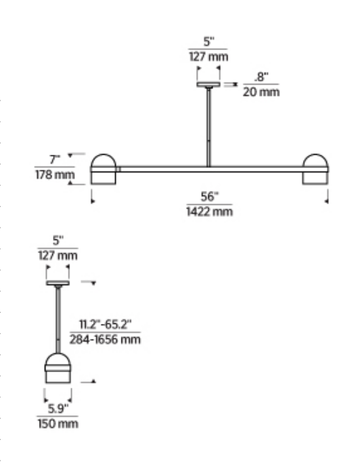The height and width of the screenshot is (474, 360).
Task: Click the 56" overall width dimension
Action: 209,197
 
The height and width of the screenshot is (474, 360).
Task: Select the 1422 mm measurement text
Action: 209,212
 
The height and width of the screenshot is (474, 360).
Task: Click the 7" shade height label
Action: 55,159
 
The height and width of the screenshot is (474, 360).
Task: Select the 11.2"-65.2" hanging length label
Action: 104,325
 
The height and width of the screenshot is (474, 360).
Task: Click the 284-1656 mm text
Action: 105,339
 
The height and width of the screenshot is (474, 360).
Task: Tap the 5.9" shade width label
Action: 58,409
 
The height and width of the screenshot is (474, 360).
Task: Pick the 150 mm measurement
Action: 58,424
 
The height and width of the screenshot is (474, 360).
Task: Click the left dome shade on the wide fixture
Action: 104,169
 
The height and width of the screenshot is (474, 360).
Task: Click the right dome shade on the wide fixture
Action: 315,169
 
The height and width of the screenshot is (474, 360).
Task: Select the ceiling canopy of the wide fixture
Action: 208,85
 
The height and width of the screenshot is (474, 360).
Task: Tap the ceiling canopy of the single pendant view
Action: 58,282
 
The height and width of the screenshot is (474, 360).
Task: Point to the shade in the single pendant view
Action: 58,369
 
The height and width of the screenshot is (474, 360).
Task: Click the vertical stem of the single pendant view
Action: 58,319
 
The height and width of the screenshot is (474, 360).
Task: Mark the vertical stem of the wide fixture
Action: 208,127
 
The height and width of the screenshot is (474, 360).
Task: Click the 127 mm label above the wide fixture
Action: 208,56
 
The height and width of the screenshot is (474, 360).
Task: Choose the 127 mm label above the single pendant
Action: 58,255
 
